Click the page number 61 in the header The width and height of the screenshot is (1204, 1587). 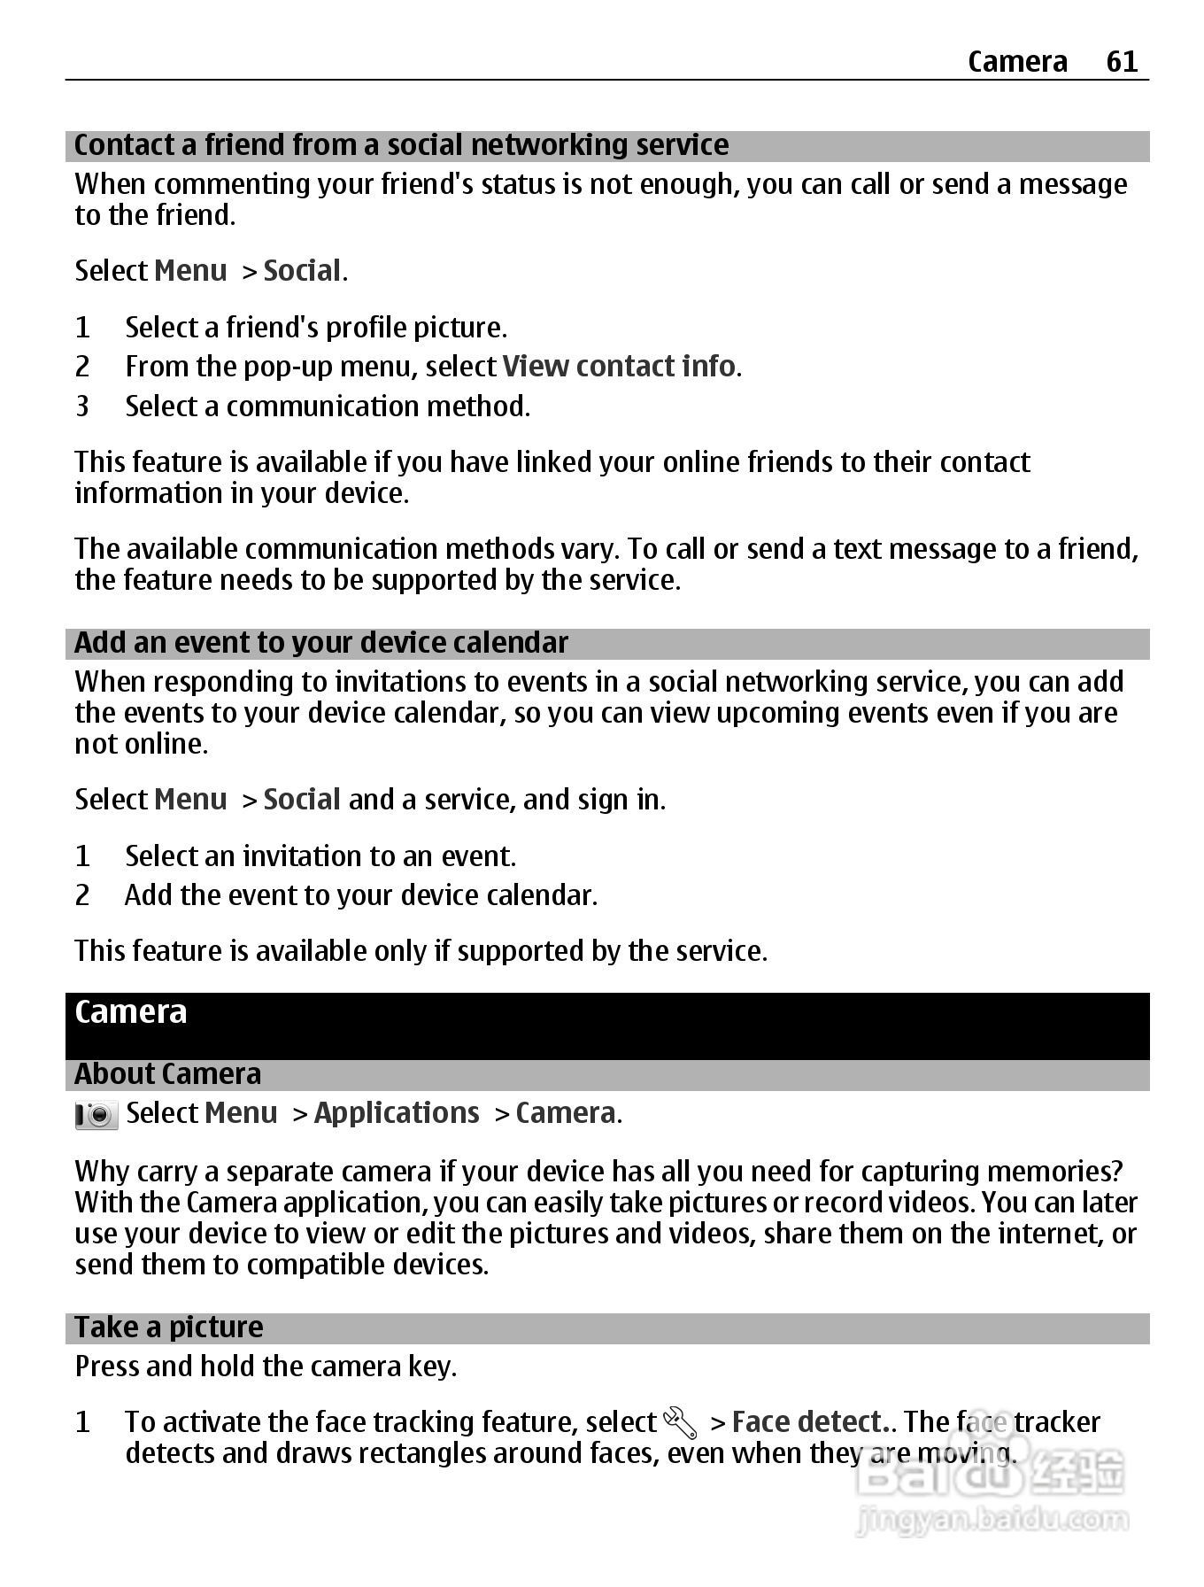pyautogui.click(x=1122, y=61)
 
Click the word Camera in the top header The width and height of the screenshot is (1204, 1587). pyautogui.click(x=1017, y=61)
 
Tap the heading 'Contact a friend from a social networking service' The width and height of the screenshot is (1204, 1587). pyautogui.click(x=401, y=145)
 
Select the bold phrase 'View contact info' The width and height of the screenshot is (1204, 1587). pyautogui.click(x=618, y=367)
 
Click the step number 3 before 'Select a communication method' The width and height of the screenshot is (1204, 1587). pyautogui.click(x=82, y=406)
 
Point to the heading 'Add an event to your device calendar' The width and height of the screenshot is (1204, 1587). pyautogui.click(x=320, y=643)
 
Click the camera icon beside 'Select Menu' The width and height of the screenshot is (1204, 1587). pyautogui.click(x=96, y=1115)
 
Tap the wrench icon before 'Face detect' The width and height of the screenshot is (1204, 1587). pyautogui.click(x=680, y=1423)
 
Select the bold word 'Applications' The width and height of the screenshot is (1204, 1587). pyautogui.click(x=397, y=1113)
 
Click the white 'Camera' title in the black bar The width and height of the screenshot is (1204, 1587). pyautogui.click(x=131, y=1012)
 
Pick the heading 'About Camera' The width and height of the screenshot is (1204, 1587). pyautogui.click(x=167, y=1074)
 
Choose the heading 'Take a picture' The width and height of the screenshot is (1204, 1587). pyautogui.click(x=168, y=1328)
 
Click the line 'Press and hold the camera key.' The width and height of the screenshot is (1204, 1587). pyautogui.click(x=266, y=1366)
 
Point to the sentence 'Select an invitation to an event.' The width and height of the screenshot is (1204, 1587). pyautogui.click(x=320, y=856)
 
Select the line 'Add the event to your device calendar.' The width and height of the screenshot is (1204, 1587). pyautogui.click(x=361, y=895)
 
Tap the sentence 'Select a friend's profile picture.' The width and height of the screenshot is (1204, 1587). pyautogui.click(x=316, y=328)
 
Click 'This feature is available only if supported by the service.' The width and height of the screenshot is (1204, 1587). pyautogui.click(x=421, y=951)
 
